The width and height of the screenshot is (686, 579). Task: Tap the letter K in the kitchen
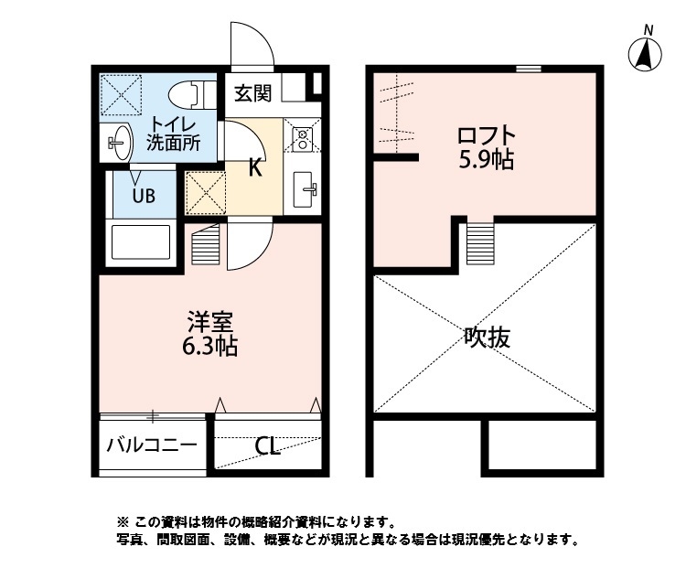pyautogui.click(x=255, y=167)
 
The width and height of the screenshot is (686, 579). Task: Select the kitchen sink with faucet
pyautogui.click(x=305, y=190)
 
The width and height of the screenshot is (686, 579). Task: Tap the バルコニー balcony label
pyautogui.click(x=151, y=446)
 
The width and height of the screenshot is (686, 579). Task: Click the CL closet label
pyautogui.click(x=267, y=447)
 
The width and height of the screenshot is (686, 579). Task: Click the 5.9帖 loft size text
pyautogui.click(x=484, y=161)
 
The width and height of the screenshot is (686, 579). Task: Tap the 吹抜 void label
pyautogui.click(x=486, y=338)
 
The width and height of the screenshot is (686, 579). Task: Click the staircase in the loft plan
pyautogui.click(x=480, y=243)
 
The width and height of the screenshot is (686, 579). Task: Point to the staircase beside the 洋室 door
pyautogui.click(x=208, y=245)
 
